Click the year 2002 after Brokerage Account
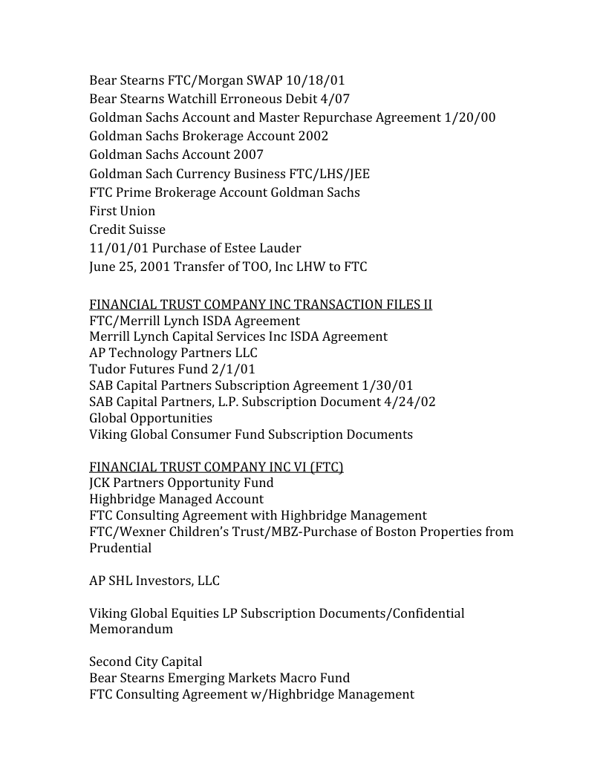pos(313,136)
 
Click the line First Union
pos(123,211)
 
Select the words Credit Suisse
pos(127,229)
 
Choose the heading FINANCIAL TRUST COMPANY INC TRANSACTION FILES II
pos(261,304)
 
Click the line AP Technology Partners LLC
pos(173,353)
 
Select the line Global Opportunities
pos(151,418)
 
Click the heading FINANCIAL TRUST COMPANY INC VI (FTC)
pos(216,467)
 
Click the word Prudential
pos(120,548)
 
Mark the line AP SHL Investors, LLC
pos(154,581)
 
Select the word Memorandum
pos(131,629)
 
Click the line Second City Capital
pos(146,661)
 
